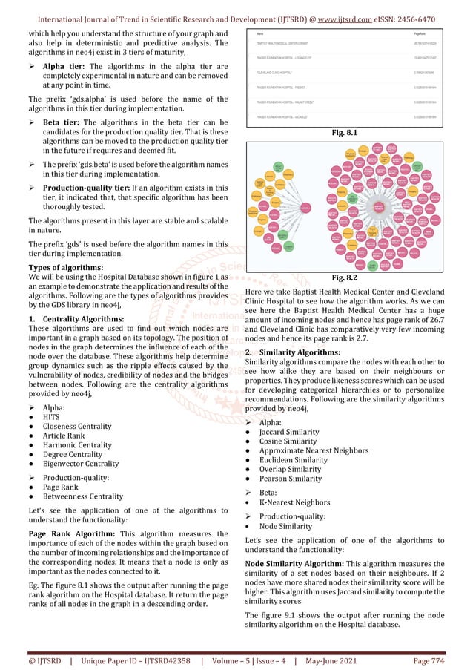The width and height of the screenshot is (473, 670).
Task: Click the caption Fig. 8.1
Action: [x=345, y=133]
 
